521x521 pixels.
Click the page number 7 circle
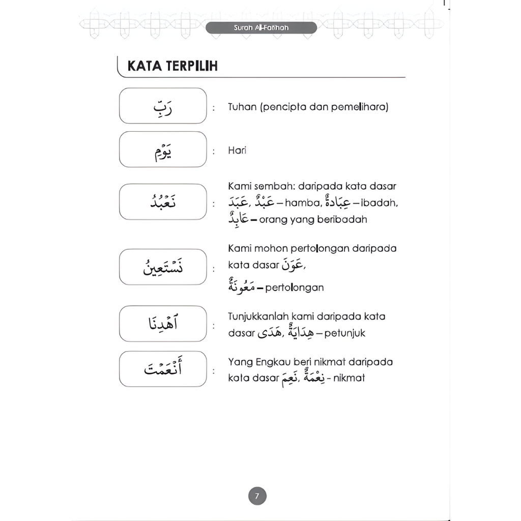tap(257, 496)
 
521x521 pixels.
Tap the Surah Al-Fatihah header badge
tap(262, 27)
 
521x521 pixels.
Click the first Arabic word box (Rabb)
tap(163, 106)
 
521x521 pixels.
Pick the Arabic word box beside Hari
tap(163, 150)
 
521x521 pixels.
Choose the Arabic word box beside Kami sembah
tap(163, 202)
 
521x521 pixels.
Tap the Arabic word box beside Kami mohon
tap(163, 267)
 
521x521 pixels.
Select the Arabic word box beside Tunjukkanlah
tap(163, 324)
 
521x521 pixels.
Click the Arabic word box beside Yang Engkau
tap(163, 369)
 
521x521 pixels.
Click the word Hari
tap(237, 151)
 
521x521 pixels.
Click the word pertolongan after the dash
tap(295, 287)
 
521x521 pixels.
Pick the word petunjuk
tap(346, 334)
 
